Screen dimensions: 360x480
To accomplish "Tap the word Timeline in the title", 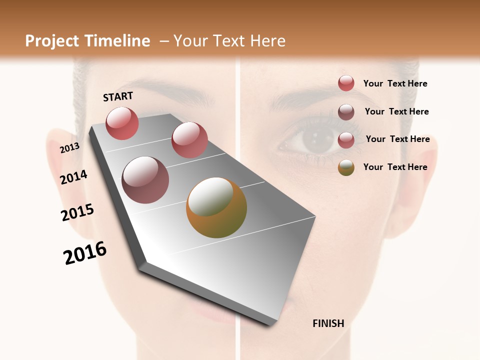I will pyautogui.click(x=118, y=41).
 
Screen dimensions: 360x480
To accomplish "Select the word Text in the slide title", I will pyautogui.click(x=228, y=41).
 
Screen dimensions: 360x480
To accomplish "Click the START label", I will pyautogui.click(x=118, y=96).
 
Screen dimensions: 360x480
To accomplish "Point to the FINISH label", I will pyautogui.click(x=328, y=323).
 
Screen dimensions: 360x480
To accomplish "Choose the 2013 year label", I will pyautogui.click(x=70, y=147).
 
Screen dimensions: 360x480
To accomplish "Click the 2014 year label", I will pyautogui.click(x=74, y=177).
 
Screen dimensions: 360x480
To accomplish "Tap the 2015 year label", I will pyautogui.click(x=77, y=212).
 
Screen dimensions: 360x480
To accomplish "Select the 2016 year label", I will pyautogui.click(x=85, y=253).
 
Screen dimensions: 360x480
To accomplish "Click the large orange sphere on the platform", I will pyautogui.click(x=216, y=207).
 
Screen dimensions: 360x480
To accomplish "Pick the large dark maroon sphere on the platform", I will pyautogui.click(x=145, y=179).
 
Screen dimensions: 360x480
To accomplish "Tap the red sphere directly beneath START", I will pyautogui.click(x=122, y=123).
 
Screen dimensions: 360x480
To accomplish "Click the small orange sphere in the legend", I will pyautogui.click(x=346, y=167).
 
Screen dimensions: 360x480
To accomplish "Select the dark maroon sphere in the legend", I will pyautogui.click(x=346, y=112).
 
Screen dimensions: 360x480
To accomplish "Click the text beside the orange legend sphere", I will pyautogui.click(x=395, y=167).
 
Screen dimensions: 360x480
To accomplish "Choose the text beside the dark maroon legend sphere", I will pyautogui.click(x=396, y=111).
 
